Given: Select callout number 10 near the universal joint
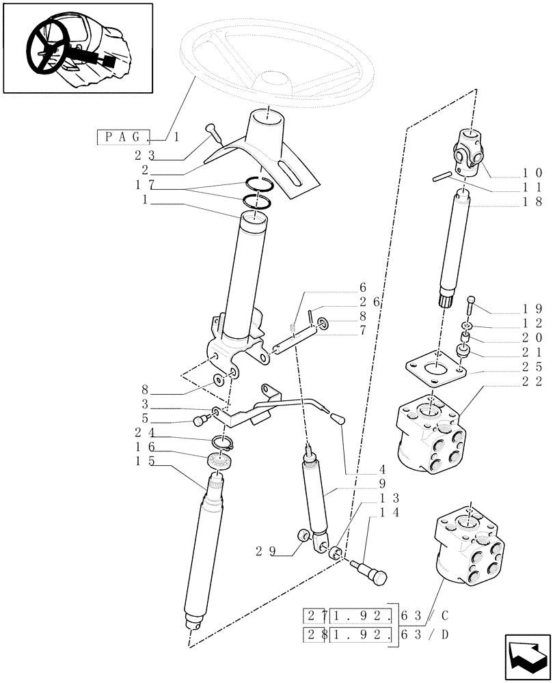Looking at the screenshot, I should [533, 173].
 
